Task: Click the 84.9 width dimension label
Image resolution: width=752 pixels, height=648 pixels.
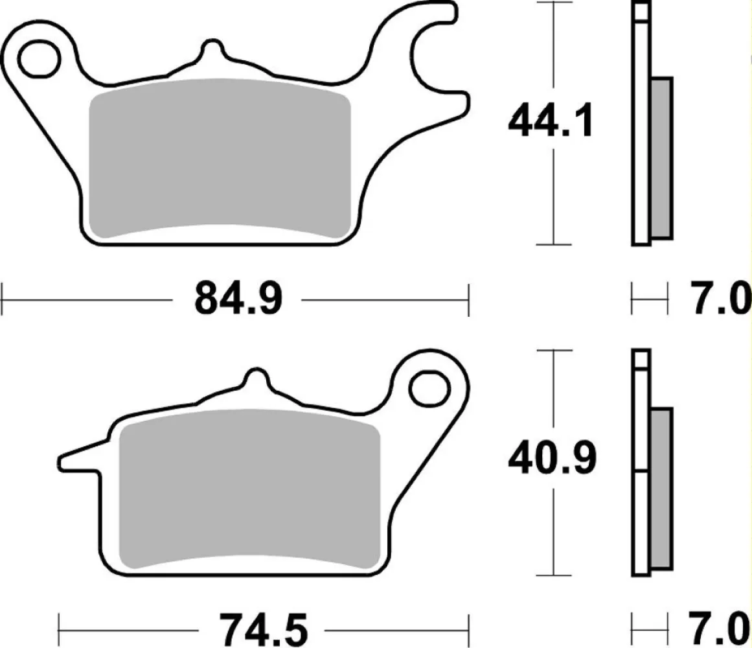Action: [x=238, y=299]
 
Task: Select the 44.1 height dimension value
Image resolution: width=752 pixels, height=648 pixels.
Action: [x=551, y=122]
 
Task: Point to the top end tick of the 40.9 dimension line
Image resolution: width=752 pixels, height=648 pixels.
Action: [x=553, y=351]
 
